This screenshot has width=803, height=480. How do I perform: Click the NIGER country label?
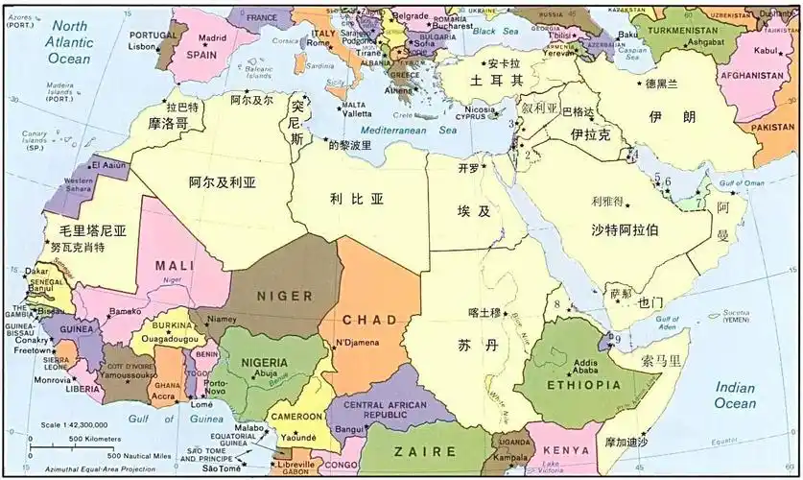click(x=284, y=296)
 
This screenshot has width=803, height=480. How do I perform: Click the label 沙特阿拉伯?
click(x=625, y=229)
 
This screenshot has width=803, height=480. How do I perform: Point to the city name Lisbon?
click(x=141, y=46)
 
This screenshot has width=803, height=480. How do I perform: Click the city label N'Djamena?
click(x=357, y=343)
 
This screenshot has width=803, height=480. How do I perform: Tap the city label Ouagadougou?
click(x=170, y=338)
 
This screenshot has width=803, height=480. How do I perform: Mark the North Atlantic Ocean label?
click(x=70, y=42)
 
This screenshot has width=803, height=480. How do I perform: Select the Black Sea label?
click(x=495, y=32)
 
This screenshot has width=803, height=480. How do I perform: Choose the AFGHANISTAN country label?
click(x=752, y=75)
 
